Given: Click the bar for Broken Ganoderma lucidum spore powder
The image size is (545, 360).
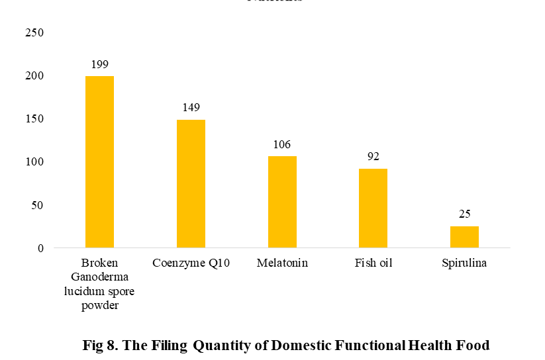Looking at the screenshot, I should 99,162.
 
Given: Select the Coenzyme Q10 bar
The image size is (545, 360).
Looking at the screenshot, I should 191,184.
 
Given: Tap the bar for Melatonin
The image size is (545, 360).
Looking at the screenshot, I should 282,202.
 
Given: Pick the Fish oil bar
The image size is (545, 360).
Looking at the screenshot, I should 373,208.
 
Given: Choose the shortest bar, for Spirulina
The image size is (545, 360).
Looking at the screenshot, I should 464,237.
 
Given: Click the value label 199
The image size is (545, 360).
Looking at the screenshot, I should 99,65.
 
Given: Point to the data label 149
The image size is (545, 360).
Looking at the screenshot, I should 191,108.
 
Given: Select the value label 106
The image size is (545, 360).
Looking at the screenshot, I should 282,145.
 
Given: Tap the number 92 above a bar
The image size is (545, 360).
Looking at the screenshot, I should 373,157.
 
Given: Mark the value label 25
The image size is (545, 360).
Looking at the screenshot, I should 464,214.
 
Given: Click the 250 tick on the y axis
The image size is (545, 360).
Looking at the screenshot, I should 34,32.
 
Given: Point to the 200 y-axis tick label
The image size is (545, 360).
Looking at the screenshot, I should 34,76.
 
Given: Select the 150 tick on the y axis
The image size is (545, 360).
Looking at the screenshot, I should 34,119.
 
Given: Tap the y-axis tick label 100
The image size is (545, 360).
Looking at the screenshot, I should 34,162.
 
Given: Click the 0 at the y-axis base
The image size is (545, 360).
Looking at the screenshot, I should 40,248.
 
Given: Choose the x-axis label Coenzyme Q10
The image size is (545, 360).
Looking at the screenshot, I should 191,263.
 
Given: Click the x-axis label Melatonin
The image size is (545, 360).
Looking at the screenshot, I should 282,263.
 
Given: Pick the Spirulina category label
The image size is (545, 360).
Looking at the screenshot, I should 464,263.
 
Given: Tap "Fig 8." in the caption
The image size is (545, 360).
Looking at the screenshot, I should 99,345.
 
